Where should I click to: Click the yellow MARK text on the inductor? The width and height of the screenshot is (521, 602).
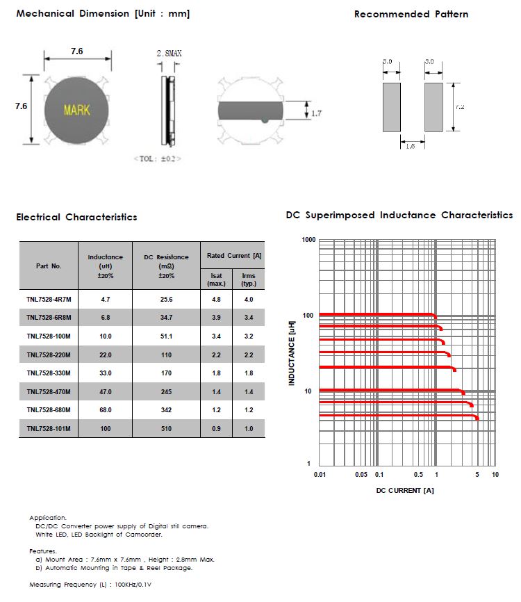[76, 110]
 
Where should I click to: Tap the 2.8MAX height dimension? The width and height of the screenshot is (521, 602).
[170, 53]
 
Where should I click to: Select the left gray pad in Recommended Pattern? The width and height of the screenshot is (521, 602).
[392, 107]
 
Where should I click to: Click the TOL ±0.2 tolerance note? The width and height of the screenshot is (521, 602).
[157, 159]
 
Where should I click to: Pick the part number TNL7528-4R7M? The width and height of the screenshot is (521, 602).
[49, 299]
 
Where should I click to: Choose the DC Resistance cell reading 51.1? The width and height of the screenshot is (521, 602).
[165, 336]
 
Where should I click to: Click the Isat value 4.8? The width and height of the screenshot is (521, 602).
[216, 299]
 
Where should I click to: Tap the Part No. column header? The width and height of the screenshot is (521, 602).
[49, 266]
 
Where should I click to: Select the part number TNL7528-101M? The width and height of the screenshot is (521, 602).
[49, 429]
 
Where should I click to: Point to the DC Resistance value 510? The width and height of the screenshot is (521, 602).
[165, 429]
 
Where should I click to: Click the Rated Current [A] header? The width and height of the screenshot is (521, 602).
[232, 256]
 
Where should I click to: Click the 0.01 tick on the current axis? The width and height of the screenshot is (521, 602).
[320, 475]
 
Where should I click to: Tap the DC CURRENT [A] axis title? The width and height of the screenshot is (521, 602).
[405, 491]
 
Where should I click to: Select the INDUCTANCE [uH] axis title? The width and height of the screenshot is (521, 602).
[292, 353]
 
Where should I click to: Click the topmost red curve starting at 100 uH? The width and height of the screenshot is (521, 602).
[375, 315]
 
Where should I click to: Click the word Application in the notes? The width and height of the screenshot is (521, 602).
[48, 518]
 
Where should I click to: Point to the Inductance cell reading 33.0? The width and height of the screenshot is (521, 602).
[106, 373]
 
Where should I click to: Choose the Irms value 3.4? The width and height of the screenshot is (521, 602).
[248, 318]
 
